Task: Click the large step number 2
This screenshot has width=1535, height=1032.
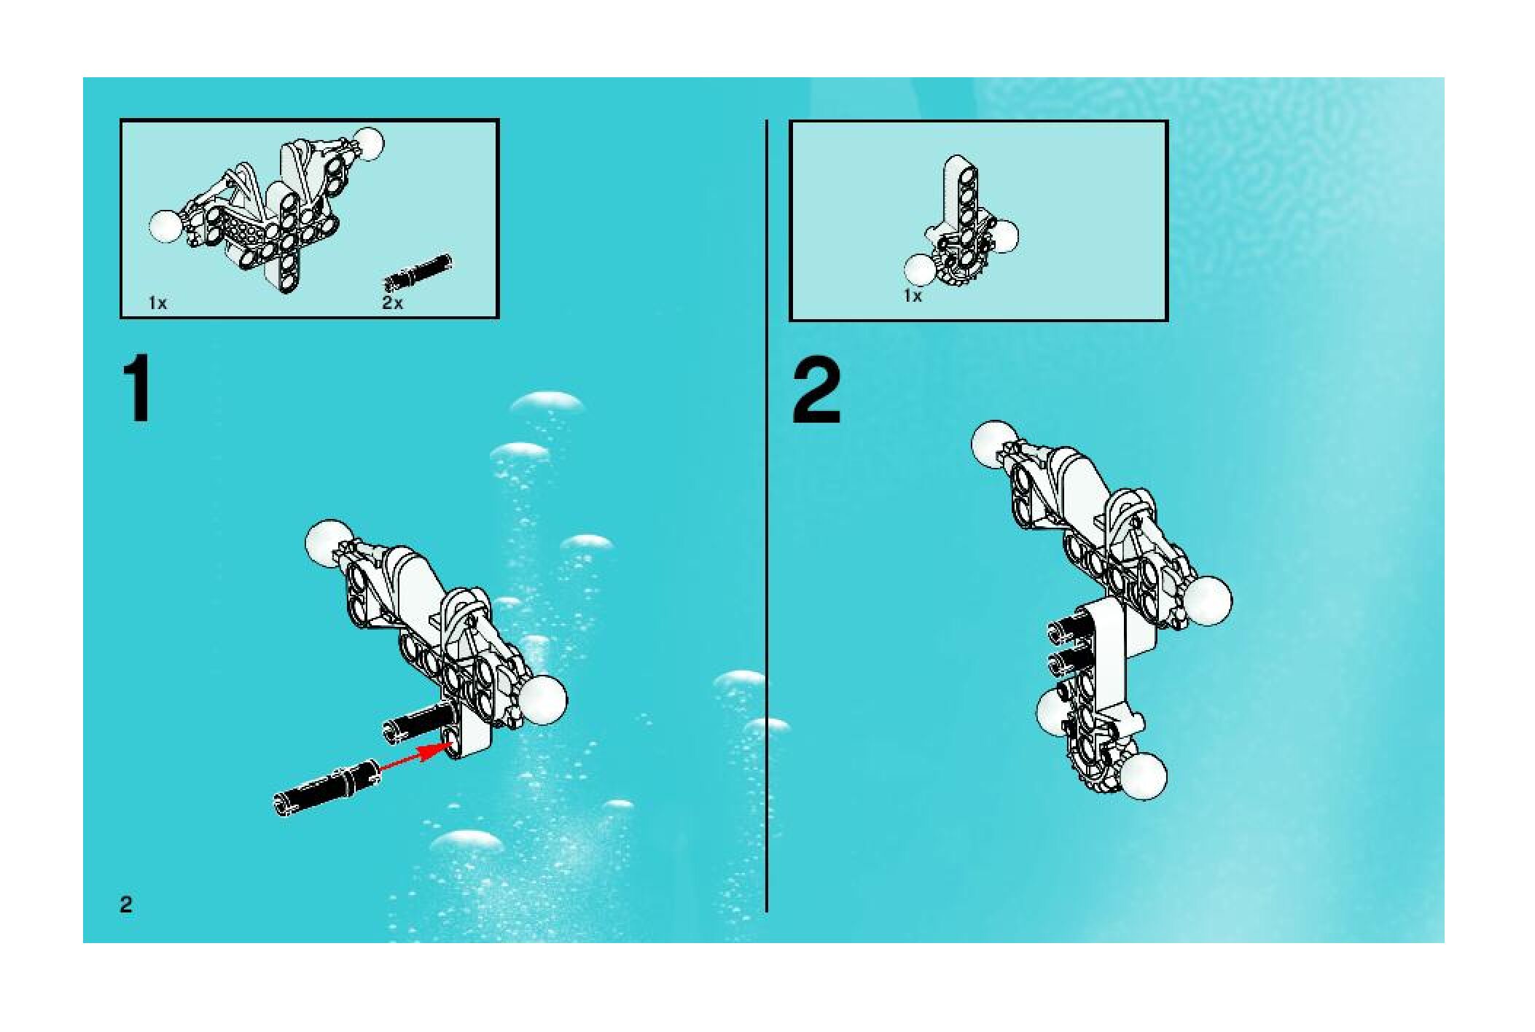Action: [817, 391]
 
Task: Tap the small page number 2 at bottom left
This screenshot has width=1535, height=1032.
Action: [126, 904]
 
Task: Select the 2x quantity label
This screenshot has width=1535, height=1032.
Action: [392, 303]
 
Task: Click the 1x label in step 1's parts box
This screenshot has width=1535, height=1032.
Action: [157, 303]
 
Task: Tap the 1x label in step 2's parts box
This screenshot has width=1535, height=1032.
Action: [913, 297]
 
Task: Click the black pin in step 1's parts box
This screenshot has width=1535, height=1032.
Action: [418, 271]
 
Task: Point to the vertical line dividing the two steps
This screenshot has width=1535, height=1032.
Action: [766, 515]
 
